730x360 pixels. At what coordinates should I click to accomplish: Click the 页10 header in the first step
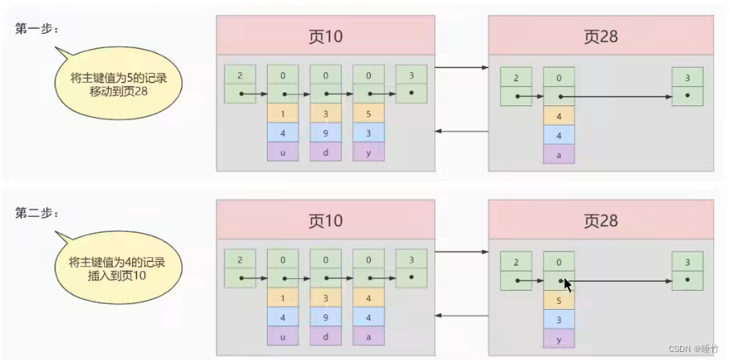[x=325, y=36]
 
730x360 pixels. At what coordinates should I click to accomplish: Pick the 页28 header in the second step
[x=601, y=221]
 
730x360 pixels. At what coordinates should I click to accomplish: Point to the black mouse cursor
[x=567, y=285]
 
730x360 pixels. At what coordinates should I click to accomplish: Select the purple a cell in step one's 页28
[x=558, y=154]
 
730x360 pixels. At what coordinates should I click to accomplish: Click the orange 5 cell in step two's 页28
[x=558, y=300]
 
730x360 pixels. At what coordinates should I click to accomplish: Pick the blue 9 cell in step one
[x=325, y=132]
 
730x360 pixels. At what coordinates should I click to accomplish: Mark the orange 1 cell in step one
[x=282, y=113]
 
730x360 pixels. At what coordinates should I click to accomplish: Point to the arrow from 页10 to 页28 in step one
[x=462, y=68]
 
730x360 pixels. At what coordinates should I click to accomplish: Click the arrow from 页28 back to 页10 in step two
[x=462, y=316]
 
